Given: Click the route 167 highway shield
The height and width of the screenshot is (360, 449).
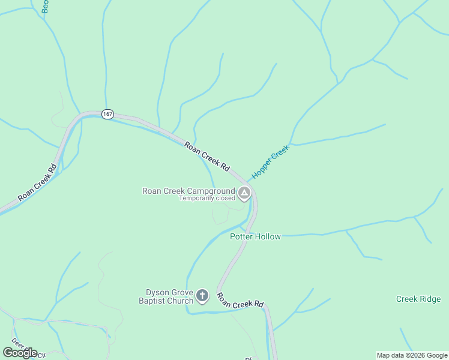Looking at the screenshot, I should [x=107, y=114].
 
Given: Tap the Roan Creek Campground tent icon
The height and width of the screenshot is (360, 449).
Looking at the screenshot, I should [x=244, y=193].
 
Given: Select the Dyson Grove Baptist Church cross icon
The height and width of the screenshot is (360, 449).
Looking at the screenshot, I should [x=202, y=296].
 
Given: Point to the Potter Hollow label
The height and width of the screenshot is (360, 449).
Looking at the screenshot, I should [x=255, y=236].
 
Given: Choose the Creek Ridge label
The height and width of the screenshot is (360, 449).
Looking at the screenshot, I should [x=418, y=299].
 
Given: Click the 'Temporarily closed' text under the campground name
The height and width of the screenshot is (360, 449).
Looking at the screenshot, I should [x=206, y=198].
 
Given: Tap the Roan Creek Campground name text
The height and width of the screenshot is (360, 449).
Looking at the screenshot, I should [x=188, y=191].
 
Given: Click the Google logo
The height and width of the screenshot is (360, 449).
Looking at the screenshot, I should [x=20, y=352].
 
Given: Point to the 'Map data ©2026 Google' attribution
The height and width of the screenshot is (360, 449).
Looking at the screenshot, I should [x=412, y=355].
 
